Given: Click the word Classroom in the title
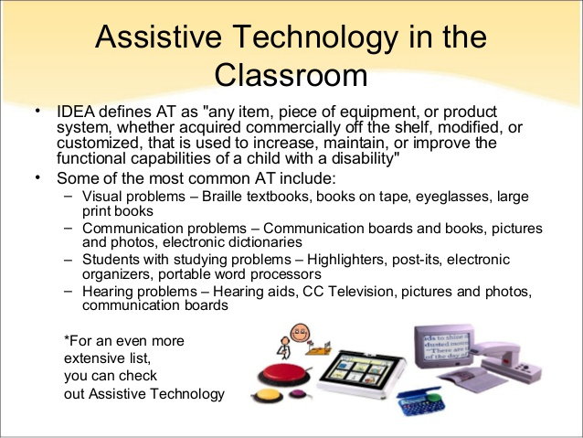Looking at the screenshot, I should [291, 73].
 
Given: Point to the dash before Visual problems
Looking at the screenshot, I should [70, 196].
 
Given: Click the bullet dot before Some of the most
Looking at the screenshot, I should [38, 176].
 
